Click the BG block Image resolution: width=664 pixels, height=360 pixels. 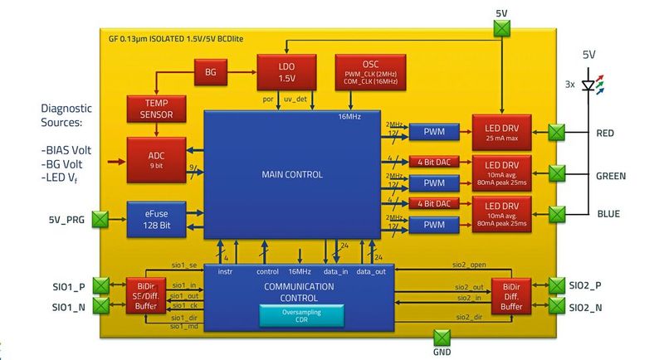211,72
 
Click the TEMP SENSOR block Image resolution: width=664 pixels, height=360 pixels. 150,109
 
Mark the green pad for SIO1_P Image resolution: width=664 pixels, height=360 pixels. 100,286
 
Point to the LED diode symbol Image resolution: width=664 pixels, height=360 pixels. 590,85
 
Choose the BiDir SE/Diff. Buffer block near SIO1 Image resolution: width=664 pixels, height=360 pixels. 142,296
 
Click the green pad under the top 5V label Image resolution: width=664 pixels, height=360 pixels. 501,29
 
